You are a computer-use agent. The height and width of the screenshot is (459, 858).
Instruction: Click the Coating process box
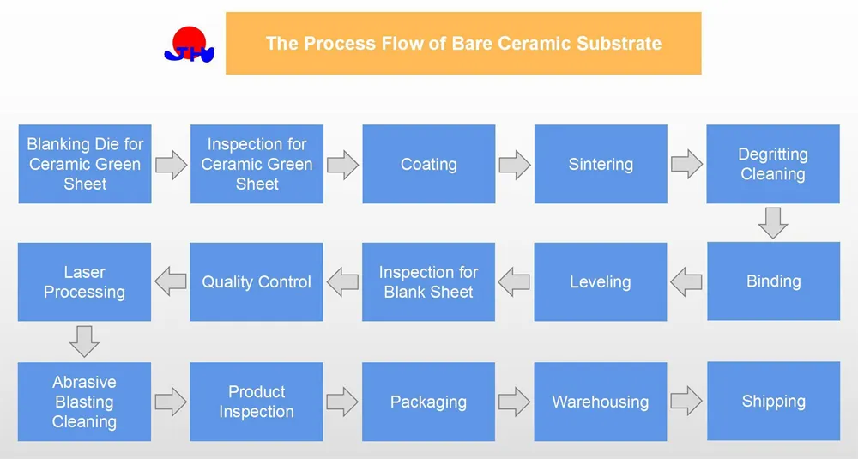(x=428, y=164)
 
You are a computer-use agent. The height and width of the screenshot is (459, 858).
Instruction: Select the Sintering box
(x=601, y=164)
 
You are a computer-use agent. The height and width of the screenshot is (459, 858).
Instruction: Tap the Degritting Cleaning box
(x=772, y=164)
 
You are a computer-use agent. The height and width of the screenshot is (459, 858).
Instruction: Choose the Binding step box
(x=772, y=281)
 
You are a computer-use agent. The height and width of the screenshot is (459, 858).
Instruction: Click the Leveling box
(x=601, y=281)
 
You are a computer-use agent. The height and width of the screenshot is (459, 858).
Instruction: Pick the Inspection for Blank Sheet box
(x=428, y=281)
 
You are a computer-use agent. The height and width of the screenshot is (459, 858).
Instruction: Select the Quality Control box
(x=257, y=281)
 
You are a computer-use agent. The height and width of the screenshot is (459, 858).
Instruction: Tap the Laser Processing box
(x=84, y=281)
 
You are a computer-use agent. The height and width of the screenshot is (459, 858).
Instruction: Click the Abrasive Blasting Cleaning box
(x=84, y=402)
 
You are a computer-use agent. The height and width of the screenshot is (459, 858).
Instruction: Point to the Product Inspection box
(x=257, y=402)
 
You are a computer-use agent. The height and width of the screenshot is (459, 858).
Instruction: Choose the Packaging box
(x=428, y=402)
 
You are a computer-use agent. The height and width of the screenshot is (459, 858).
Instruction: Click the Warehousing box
(x=601, y=402)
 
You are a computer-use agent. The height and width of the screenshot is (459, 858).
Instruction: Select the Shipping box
(x=772, y=402)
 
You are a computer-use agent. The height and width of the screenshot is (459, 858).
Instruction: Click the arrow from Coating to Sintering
(x=515, y=165)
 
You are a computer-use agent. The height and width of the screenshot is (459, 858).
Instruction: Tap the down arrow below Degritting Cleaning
(x=773, y=223)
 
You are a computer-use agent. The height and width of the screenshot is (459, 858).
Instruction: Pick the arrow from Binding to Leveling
(x=686, y=281)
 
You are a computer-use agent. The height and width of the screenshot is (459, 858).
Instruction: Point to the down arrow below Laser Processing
(x=84, y=341)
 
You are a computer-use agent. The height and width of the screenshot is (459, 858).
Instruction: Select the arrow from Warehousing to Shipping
(x=686, y=401)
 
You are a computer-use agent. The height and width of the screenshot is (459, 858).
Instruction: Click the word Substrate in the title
(x=622, y=43)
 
